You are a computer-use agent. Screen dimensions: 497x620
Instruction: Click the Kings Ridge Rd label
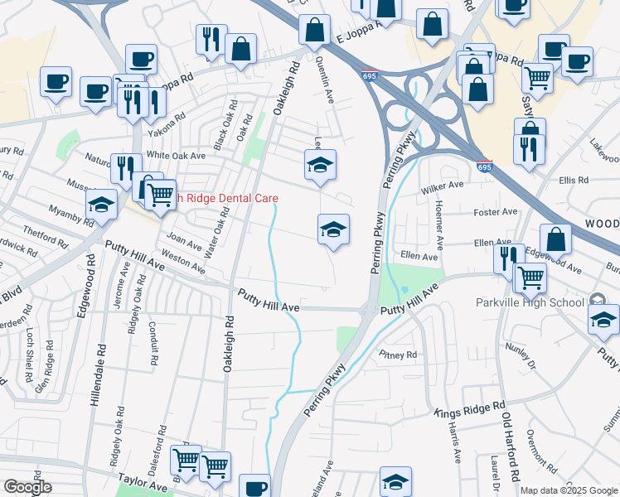[x=470, y=408]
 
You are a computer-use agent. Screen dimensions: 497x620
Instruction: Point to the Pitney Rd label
[x=398, y=355]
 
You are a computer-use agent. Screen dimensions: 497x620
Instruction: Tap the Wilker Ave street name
[x=442, y=187]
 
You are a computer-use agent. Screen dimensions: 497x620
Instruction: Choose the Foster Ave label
[x=495, y=212]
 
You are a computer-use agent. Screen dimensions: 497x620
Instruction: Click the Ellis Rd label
[x=573, y=180]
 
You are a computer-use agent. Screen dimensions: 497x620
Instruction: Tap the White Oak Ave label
[x=176, y=155]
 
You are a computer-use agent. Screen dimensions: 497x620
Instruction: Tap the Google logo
[x=27, y=487]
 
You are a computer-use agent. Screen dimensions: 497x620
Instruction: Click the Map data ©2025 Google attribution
[x=568, y=490]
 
